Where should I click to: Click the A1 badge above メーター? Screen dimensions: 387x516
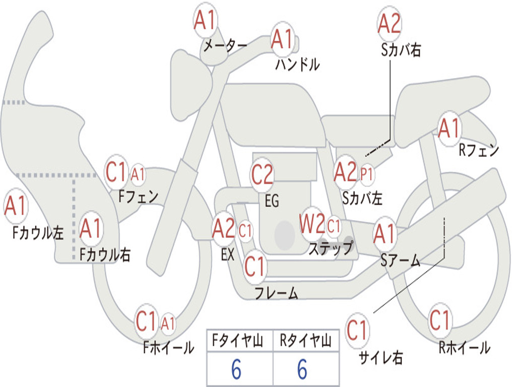pyautogui.click(x=206, y=21)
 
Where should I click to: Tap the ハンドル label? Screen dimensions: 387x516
pyautogui.click(x=297, y=64)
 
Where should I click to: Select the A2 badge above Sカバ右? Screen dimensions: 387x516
pyautogui.click(x=389, y=24)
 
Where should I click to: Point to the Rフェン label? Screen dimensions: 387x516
pyautogui.click(x=478, y=150)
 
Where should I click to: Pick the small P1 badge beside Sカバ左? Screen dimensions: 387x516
pyautogui.click(x=367, y=174)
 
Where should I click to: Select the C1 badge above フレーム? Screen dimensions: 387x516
pyautogui.click(x=254, y=266)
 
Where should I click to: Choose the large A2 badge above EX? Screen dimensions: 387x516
pyautogui.click(x=224, y=229)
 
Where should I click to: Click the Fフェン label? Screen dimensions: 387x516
pyautogui.click(x=139, y=196)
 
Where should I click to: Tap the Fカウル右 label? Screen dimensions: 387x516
pyautogui.click(x=105, y=254)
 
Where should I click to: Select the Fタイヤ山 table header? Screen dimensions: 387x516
pyautogui.click(x=239, y=341)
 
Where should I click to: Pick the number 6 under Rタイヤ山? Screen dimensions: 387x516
pyautogui.click(x=302, y=370)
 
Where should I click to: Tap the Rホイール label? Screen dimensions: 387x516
pyautogui.click(x=464, y=347)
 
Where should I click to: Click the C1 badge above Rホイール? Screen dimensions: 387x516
pyautogui.click(x=439, y=319)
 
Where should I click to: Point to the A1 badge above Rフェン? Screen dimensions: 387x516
pyautogui.click(x=448, y=128)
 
